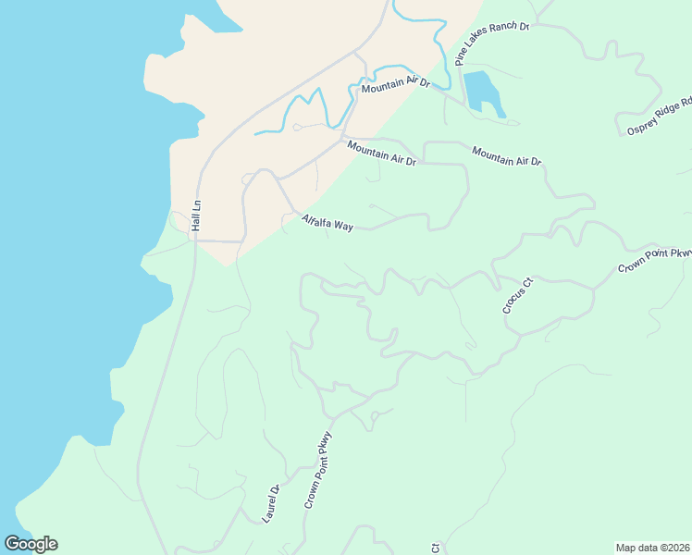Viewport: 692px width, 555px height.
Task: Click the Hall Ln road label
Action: [196, 216]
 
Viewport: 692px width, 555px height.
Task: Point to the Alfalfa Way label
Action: [327, 224]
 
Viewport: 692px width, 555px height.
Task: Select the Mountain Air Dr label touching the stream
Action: [396, 85]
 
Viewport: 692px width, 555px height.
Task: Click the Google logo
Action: [31, 544]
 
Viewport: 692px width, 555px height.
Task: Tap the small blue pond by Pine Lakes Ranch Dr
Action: [482, 92]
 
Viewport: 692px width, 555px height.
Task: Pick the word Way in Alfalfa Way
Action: [343, 227]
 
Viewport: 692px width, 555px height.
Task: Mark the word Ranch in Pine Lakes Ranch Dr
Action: [503, 33]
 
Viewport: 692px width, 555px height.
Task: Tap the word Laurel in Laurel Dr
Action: [268, 509]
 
